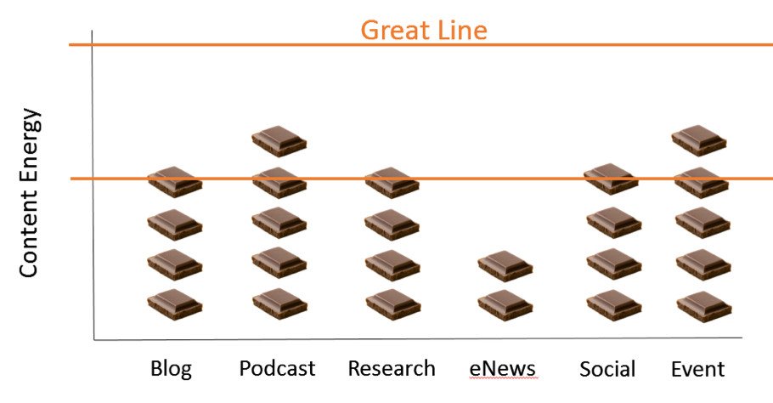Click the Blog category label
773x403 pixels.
tap(171, 369)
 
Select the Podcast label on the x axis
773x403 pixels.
tap(277, 368)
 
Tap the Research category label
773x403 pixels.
tap(392, 368)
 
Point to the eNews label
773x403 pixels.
tap(502, 369)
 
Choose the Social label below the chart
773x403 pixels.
tap(607, 369)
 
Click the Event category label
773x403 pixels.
tap(698, 369)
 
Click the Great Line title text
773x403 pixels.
tap(424, 30)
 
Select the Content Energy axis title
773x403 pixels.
tap(29, 192)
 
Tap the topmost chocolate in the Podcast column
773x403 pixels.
tap(279, 141)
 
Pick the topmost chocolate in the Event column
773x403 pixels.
tap(698, 140)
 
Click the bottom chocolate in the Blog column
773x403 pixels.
tap(174, 305)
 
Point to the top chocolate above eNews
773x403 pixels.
tap(505, 266)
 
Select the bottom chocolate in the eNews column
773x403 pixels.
tap(505, 306)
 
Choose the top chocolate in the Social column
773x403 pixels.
tap(612, 179)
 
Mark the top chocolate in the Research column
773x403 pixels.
tap(392, 183)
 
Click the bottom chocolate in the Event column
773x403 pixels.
tap(704, 307)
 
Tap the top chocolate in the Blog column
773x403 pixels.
tap(174, 182)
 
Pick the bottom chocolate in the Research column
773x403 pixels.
tap(393, 305)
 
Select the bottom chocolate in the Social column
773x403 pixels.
tap(614, 305)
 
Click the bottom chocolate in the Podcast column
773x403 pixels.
tap(279, 304)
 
